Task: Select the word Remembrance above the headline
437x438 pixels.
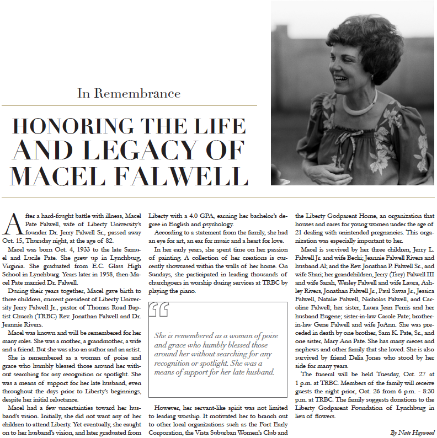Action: (145, 93)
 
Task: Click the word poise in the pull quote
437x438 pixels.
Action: (264, 335)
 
